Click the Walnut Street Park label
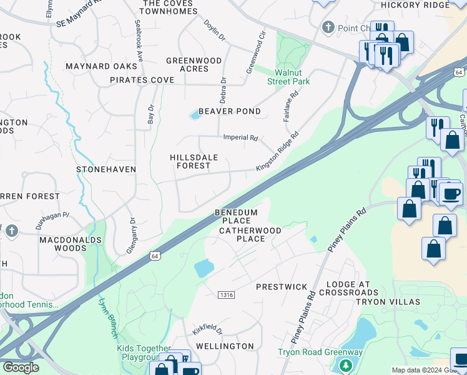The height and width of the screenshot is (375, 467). point(288,77)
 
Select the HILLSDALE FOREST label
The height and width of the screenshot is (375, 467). point(194,161)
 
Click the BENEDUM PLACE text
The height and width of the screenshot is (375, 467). point(236,216)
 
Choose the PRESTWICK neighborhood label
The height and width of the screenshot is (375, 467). point(282,287)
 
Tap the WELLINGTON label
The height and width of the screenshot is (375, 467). point(225,346)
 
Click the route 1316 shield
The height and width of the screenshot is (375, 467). point(226,294)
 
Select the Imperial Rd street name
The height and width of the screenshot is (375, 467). point(241,137)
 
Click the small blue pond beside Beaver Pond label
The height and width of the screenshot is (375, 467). point(195,114)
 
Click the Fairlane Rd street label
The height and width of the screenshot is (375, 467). point(291,104)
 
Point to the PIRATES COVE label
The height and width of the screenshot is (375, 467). point(142,80)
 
